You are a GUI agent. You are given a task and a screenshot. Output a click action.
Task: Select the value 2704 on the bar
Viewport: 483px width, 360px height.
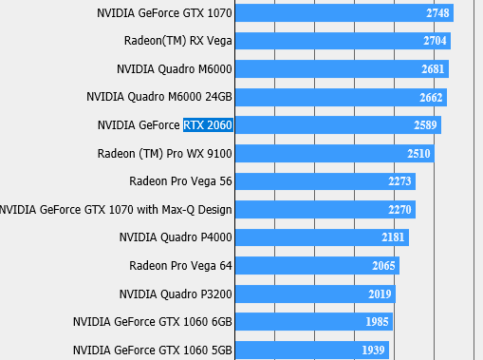(x=436, y=42)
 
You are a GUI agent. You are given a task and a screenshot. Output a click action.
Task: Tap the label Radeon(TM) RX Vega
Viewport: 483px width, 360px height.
(x=177, y=41)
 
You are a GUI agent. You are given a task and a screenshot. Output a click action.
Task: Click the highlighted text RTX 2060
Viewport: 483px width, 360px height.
(x=208, y=125)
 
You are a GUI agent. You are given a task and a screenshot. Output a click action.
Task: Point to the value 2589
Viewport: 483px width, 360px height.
(x=426, y=125)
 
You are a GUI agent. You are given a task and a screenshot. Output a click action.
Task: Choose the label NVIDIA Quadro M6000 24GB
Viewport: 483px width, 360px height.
(x=159, y=97)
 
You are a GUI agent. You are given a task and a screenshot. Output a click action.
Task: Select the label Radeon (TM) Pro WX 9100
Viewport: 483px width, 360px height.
(x=165, y=153)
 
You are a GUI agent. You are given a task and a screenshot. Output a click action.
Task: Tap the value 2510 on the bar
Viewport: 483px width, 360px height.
(x=418, y=154)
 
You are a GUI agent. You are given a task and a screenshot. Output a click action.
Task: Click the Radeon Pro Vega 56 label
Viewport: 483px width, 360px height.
(x=180, y=181)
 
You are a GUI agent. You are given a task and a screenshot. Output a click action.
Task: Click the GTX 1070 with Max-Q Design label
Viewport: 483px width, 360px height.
(x=116, y=209)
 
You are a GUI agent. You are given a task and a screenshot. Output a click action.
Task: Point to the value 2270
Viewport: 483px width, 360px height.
(x=399, y=210)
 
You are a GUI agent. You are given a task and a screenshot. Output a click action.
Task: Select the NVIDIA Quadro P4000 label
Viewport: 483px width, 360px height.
(x=176, y=237)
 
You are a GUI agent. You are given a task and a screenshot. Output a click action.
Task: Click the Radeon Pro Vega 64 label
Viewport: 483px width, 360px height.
(x=180, y=265)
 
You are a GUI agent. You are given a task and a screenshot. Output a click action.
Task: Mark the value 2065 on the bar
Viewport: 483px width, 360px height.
(x=383, y=266)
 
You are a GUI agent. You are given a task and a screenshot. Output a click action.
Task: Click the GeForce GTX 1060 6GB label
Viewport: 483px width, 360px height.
(x=152, y=322)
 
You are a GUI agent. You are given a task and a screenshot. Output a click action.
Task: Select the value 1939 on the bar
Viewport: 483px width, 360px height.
(x=373, y=351)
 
